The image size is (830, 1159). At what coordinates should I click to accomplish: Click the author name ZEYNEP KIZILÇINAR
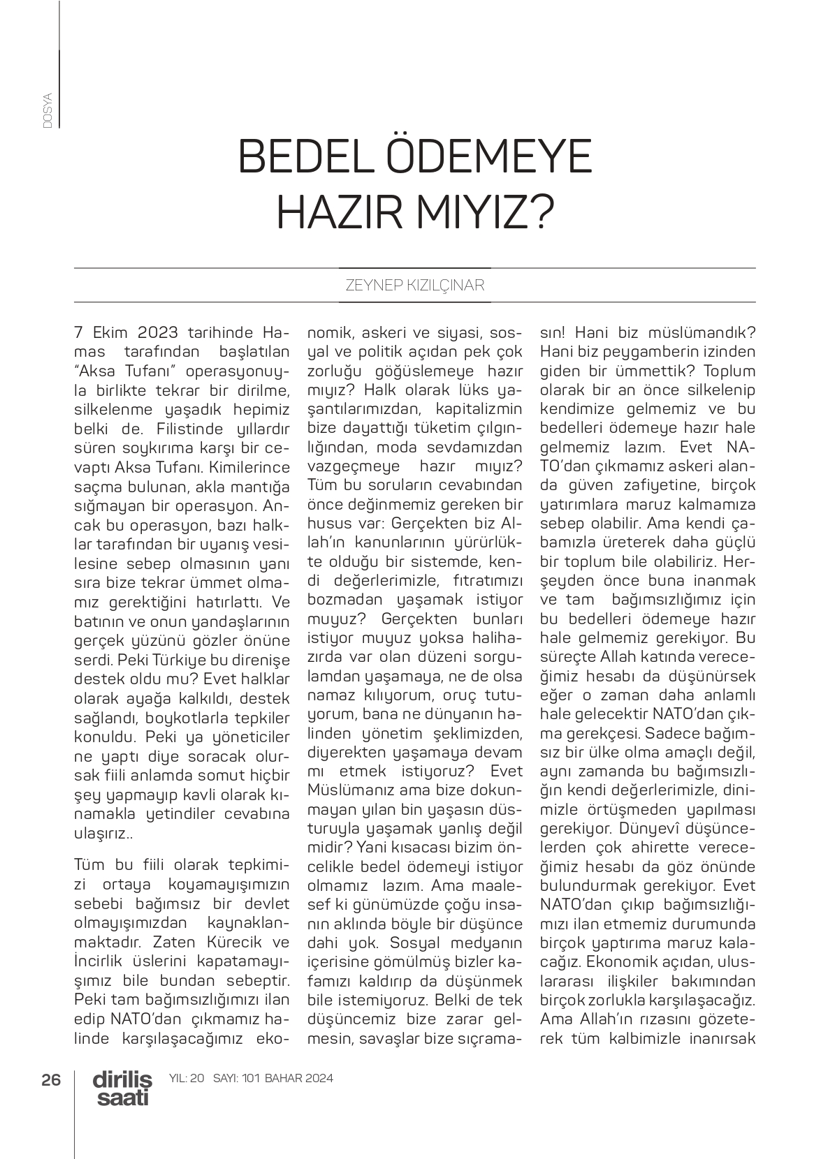(415, 286)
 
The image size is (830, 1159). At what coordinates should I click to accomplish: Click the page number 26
(52, 1079)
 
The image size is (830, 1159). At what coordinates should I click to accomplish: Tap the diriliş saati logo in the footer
(122, 1088)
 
